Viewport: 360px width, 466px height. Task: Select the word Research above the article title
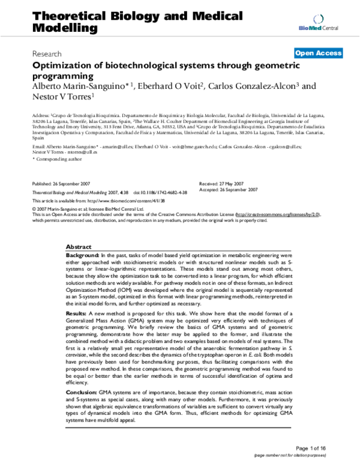[49, 53]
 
